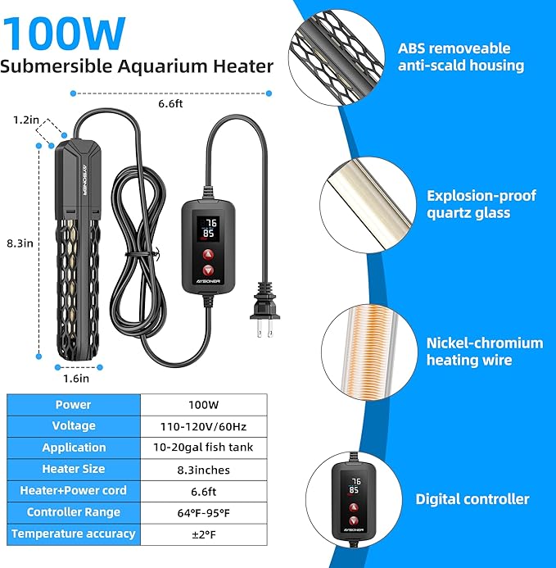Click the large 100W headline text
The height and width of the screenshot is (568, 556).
[x=65, y=34]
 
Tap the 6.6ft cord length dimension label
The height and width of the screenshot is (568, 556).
[x=170, y=103]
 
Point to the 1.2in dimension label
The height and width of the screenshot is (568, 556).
[x=25, y=120]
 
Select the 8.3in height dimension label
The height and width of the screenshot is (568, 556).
[x=20, y=243]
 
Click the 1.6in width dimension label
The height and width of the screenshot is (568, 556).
[x=76, y=379]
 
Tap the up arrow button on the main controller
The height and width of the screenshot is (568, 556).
[x=208, y=255]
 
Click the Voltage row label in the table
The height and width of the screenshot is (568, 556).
[x=74, y=425]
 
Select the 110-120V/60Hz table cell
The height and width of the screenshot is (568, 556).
[x=203, y=426]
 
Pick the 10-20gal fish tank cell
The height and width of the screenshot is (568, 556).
[x=203, y=448]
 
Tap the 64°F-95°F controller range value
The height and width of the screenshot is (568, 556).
[x=203, y=513]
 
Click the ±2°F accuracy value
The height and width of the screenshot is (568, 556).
[x=204, y=534]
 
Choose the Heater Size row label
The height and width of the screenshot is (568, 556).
[x=74, y=469]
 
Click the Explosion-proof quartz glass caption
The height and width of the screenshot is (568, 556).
[x=481, y=204]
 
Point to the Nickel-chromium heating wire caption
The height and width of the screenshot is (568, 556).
[x=485, y=352]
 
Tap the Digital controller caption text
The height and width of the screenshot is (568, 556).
[x=472, y=499]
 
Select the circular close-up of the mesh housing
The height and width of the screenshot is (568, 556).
[x=337, y=58]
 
